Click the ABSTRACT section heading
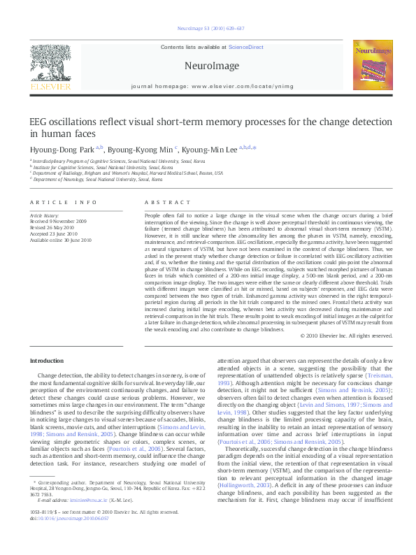coord(157,202)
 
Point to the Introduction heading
coord(46,361)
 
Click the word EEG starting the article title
coord(38,122)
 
